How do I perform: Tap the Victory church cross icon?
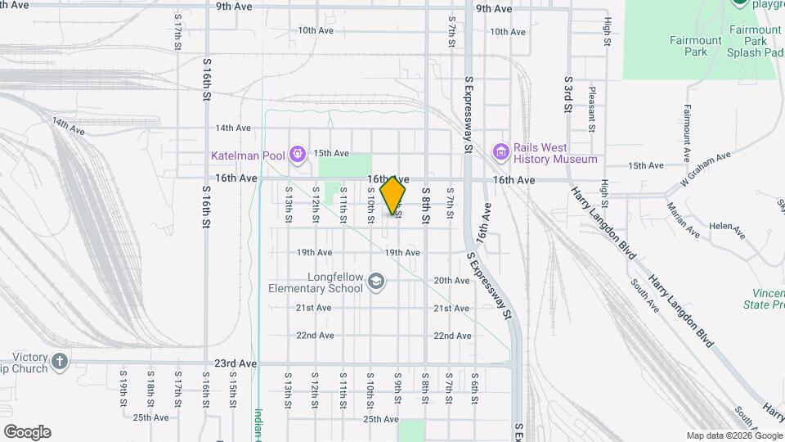(x=59, y=361)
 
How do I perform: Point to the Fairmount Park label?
(x=695, y=46)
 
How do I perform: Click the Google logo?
(x=26, y=432)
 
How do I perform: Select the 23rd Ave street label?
(x=236, y=363)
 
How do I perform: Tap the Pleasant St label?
(x=591, y=111)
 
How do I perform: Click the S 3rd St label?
(x=567, y=96)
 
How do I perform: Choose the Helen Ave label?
(x=727, y=228)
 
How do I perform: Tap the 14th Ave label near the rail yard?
(x=69, y=125)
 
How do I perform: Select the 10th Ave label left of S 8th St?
(x=316, y=30)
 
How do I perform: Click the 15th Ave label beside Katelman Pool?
(x=332, y=153)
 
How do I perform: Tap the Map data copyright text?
(x=734, y=435)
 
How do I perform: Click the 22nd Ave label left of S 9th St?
(x=315, y=336)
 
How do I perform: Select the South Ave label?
(x=644, y=295)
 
